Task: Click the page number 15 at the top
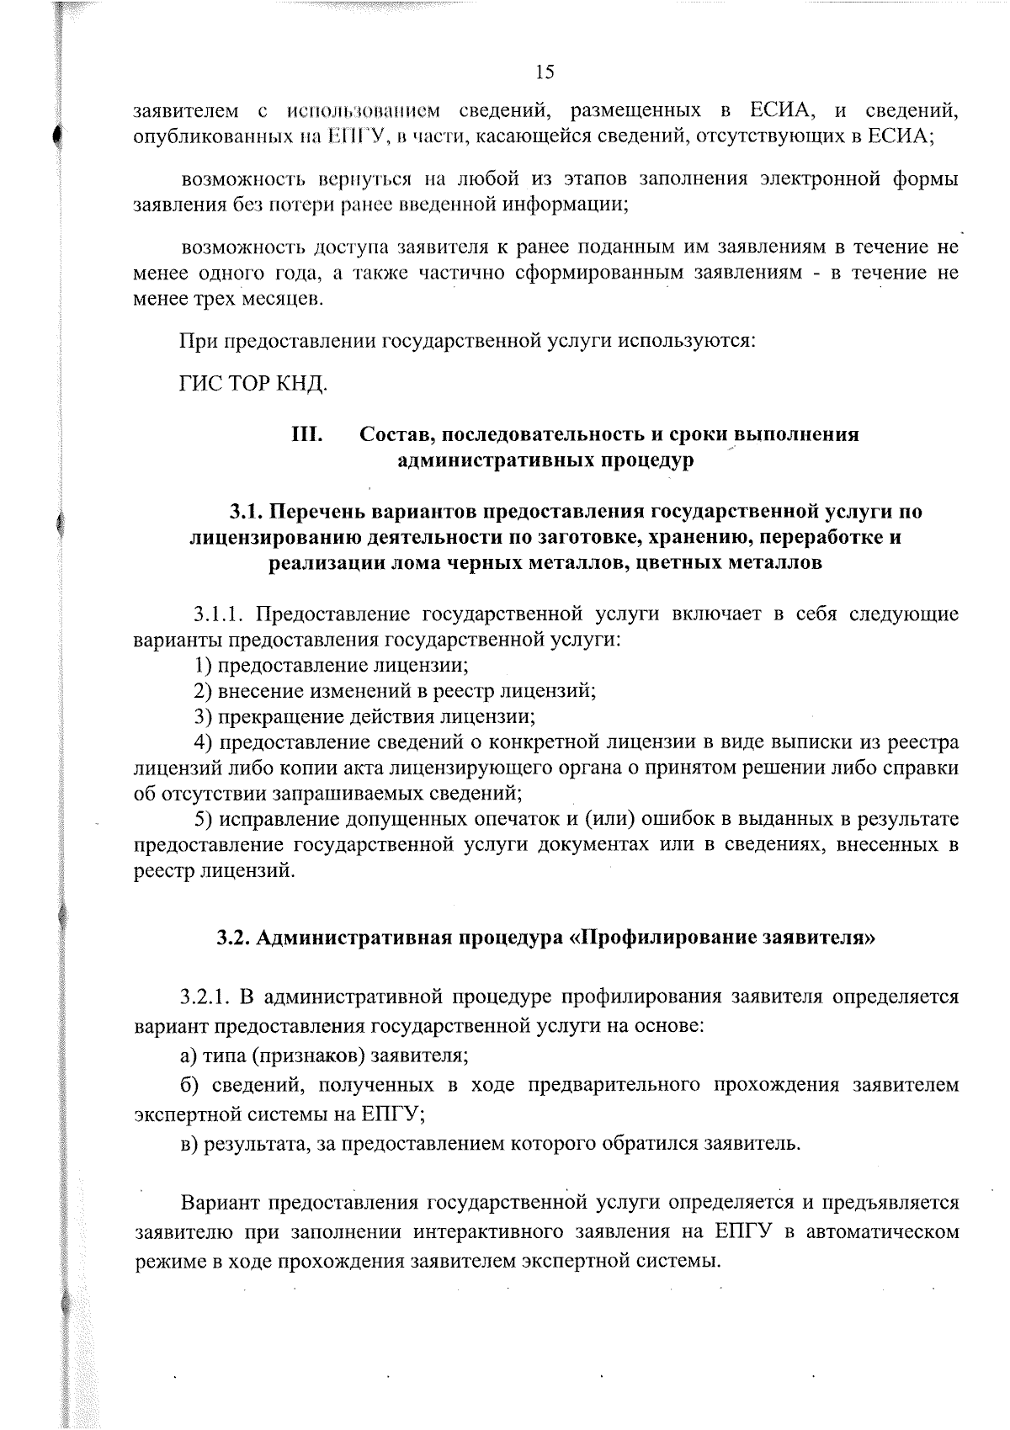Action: coord(545,72)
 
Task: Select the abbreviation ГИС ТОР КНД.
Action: coord(252,384)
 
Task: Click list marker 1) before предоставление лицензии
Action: coord(202,665)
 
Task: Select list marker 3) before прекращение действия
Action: coord(202,716)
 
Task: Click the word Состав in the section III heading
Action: coord(396,434)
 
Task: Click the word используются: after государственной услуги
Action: coord(687,342)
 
